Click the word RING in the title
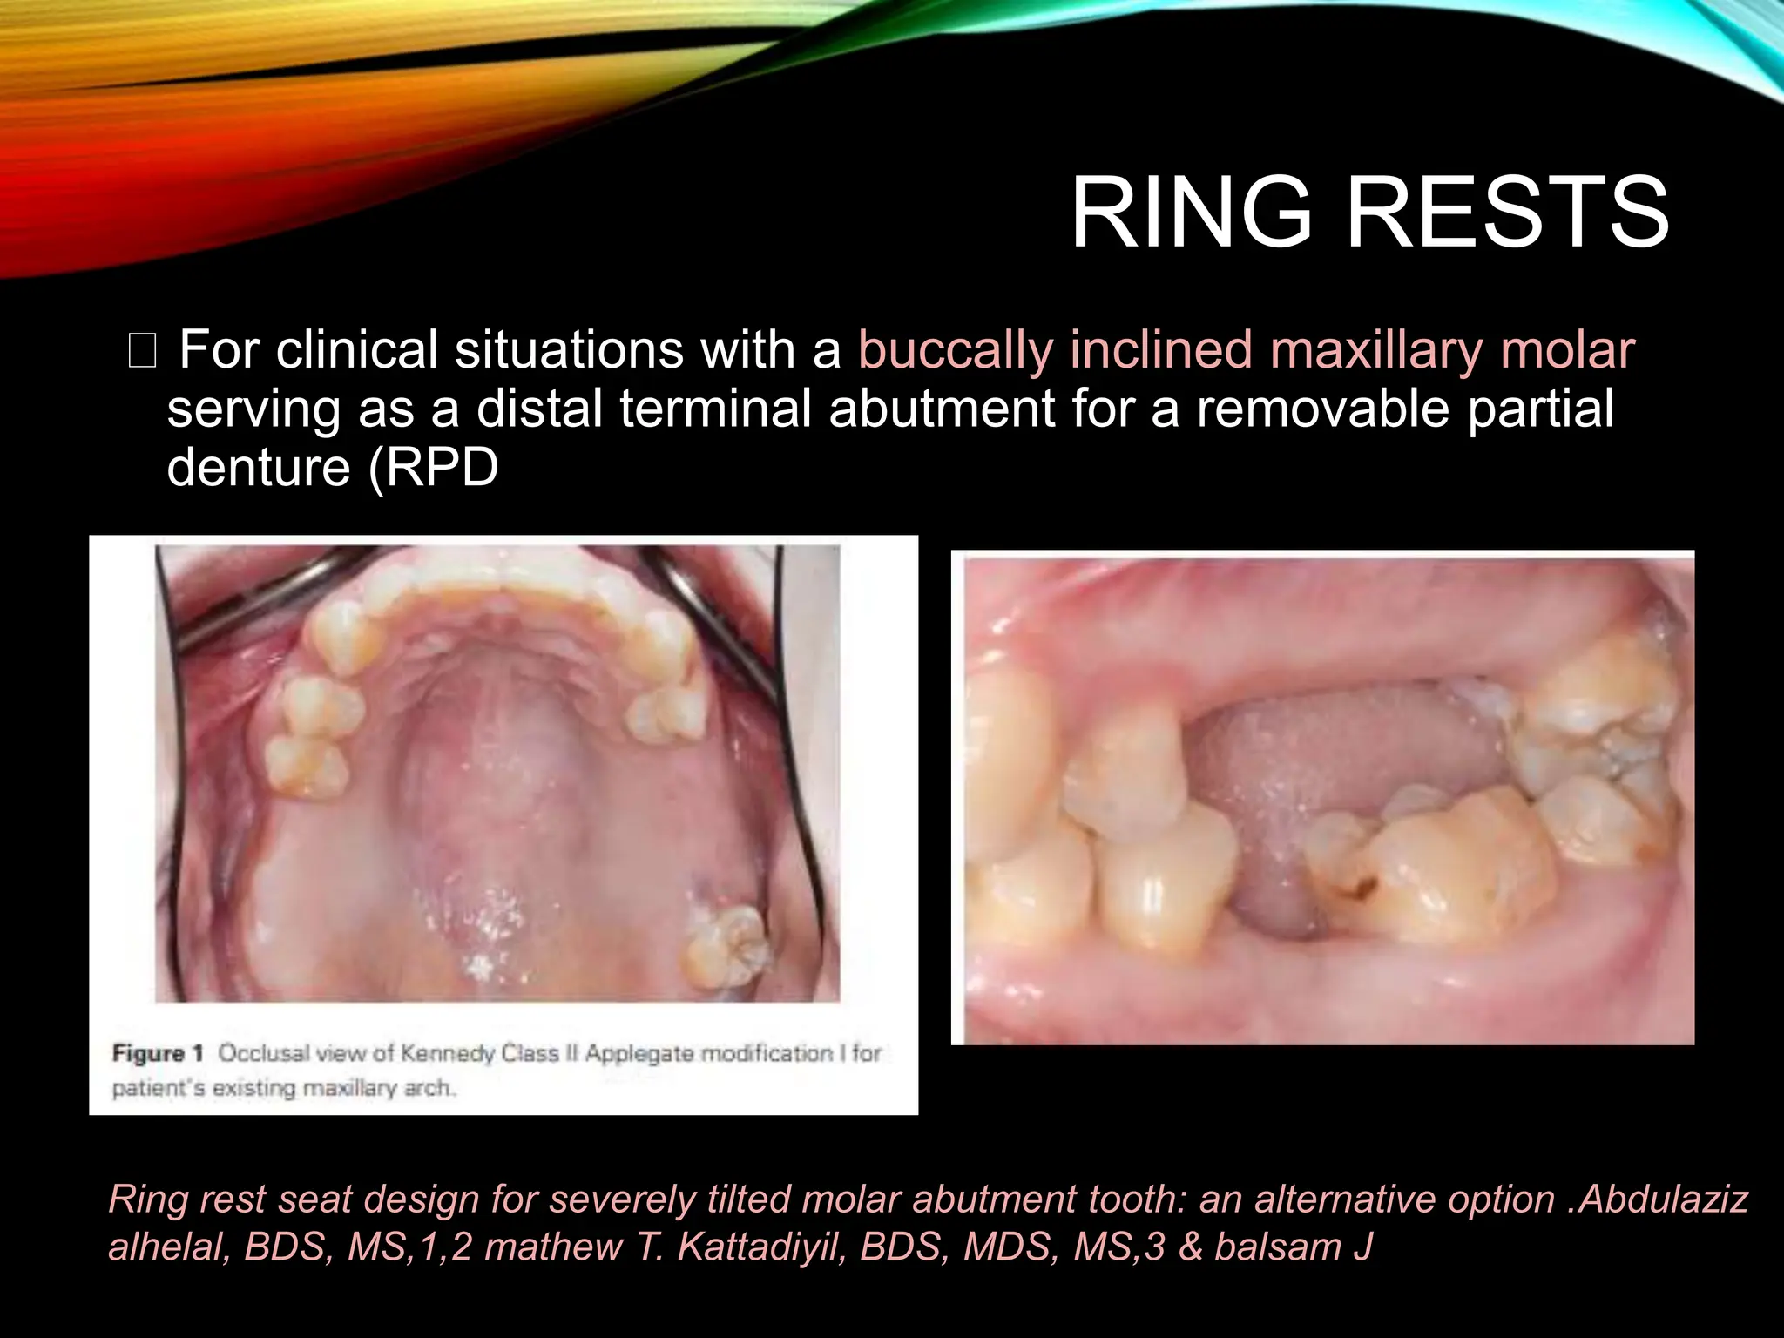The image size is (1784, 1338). pos(1190,213)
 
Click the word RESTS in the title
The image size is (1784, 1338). pos(1507,213)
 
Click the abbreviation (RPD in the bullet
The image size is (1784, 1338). pos(433,467)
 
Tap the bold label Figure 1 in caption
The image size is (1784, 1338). pos(157,1053)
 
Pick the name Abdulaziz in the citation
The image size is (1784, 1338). pos(1663,1199)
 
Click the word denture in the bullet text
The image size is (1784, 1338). pos(257,467)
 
